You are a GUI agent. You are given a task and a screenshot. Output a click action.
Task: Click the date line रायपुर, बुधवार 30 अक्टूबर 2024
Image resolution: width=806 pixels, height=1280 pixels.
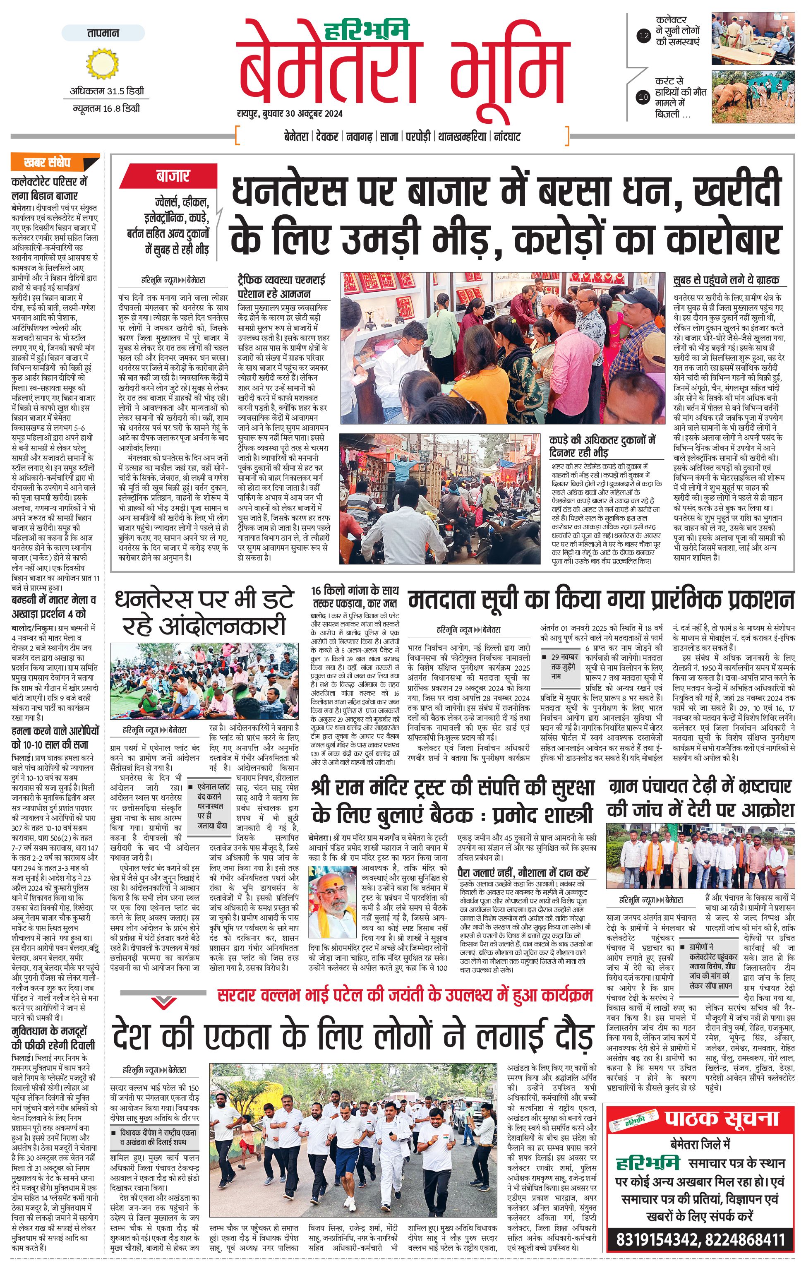pyautogui.click(x=290, y=113)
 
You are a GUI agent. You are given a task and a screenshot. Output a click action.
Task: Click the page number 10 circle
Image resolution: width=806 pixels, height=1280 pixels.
pyautogui.click(x=643, y=97)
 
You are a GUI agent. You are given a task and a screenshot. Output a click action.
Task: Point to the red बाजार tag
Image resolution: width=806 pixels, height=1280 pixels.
pyautogui.click(x=173, y=176)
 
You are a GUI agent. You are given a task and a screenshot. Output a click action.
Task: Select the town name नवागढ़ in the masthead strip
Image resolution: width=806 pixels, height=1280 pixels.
pyautogui.click(x=359, y=137)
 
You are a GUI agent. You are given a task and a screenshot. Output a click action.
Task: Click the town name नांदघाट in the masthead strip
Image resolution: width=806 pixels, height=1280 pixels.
pyautogui.click(x=507, y=137)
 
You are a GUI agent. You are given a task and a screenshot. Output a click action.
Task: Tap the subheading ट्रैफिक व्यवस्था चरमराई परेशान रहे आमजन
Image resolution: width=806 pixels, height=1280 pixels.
pyautogui.click(x=282, y=286)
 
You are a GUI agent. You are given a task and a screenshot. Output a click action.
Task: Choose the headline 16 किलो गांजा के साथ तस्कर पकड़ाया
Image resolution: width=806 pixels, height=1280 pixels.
pyautogui.click(x=355, y=597)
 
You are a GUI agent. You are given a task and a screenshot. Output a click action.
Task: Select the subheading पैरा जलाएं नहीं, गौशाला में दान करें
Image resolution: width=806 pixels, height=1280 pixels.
pyautogui.click(x=523, y=872)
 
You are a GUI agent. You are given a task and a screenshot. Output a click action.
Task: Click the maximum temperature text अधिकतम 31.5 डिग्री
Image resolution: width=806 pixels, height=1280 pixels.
pyautogui.click(x=107, y=91)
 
